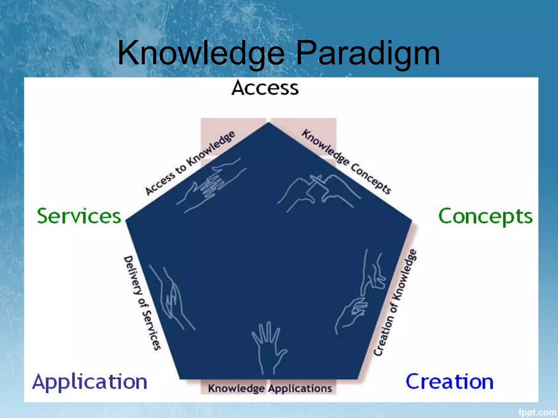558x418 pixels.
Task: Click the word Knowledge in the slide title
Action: (x=201, y=53)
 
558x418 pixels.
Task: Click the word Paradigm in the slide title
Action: (x=368, y=53)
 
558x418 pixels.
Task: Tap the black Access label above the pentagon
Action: (x=265, y=88)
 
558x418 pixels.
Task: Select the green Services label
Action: (x=79, y=216)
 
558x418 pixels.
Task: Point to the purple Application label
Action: (x=90, y=382)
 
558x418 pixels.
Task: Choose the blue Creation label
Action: (x=450, y=382)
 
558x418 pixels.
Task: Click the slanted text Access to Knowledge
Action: (x=190, y=163)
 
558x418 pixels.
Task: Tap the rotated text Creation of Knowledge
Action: (x=395, y=302)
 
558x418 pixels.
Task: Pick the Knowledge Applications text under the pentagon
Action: (x=270, y=388)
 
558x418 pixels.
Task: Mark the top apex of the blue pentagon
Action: (x=269, y=123)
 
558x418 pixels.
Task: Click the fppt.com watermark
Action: (x=537, y=412)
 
